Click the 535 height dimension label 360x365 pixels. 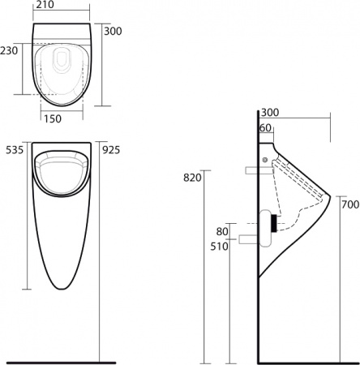(14, 149)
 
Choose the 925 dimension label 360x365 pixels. (112, 149)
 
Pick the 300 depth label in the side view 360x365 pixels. (270, 112)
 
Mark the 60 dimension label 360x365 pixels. (265, 127)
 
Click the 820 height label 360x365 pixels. (191, 178)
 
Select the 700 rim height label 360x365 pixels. (349, 204)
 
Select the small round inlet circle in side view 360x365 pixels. (266, 158)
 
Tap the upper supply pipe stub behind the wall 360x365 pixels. (251, 170)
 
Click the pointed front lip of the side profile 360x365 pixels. (330, 195)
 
